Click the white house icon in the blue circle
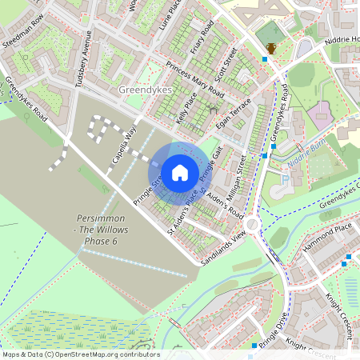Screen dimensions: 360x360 (180, 172)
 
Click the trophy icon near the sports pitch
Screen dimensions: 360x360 (272, 49)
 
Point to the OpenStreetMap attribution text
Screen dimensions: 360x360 (80, 354)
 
